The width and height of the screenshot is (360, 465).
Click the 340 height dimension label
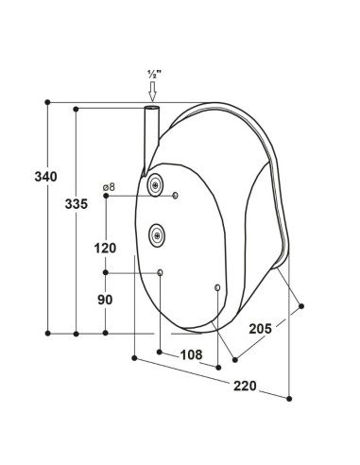point(46,177)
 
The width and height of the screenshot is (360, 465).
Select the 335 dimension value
point(77,204)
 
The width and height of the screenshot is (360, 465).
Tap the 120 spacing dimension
point(105,249)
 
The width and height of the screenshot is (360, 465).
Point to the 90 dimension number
point(105,300)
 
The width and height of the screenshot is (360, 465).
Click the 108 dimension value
point(191,355)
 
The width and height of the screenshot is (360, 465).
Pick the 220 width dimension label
point(245,386)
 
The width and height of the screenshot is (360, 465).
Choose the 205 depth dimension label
point(260,329)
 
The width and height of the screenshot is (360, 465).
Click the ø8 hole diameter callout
point(109,187)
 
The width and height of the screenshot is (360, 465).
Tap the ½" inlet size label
point(154,75)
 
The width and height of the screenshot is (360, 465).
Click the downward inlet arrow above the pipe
point(153,92)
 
